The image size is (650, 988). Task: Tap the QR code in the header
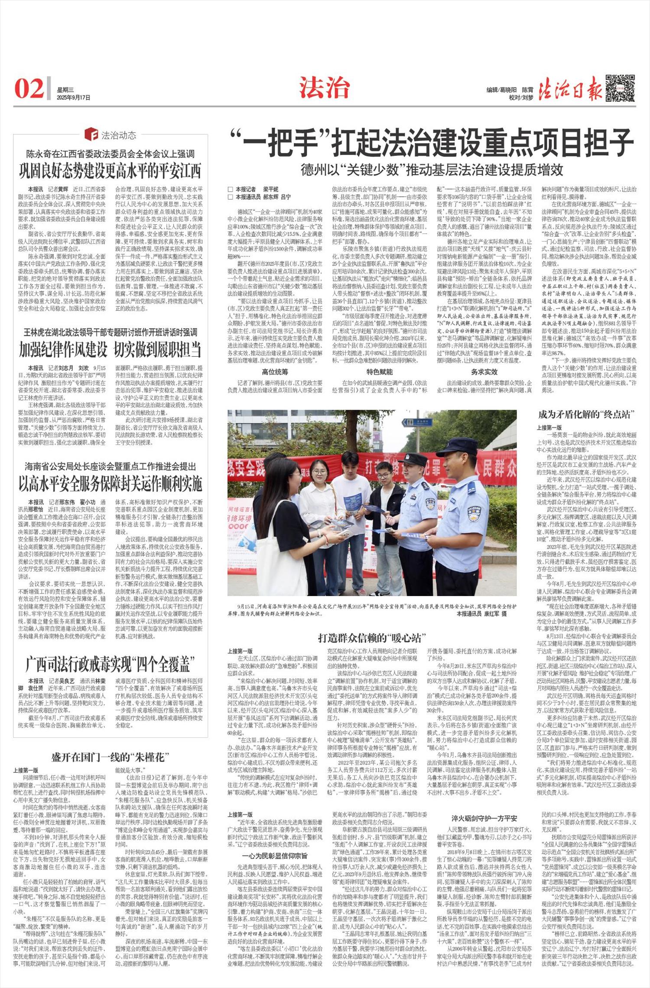620,88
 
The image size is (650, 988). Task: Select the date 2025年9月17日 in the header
74,98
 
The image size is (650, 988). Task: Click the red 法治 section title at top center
324,88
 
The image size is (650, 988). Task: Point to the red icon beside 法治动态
91,134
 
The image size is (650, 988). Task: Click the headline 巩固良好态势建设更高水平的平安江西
110,171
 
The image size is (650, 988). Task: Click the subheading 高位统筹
275,372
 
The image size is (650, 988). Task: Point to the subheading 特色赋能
380,372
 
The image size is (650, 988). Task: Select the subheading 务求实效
484,372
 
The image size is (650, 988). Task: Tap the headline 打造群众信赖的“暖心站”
372,638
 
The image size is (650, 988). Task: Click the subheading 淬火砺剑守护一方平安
484,818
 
